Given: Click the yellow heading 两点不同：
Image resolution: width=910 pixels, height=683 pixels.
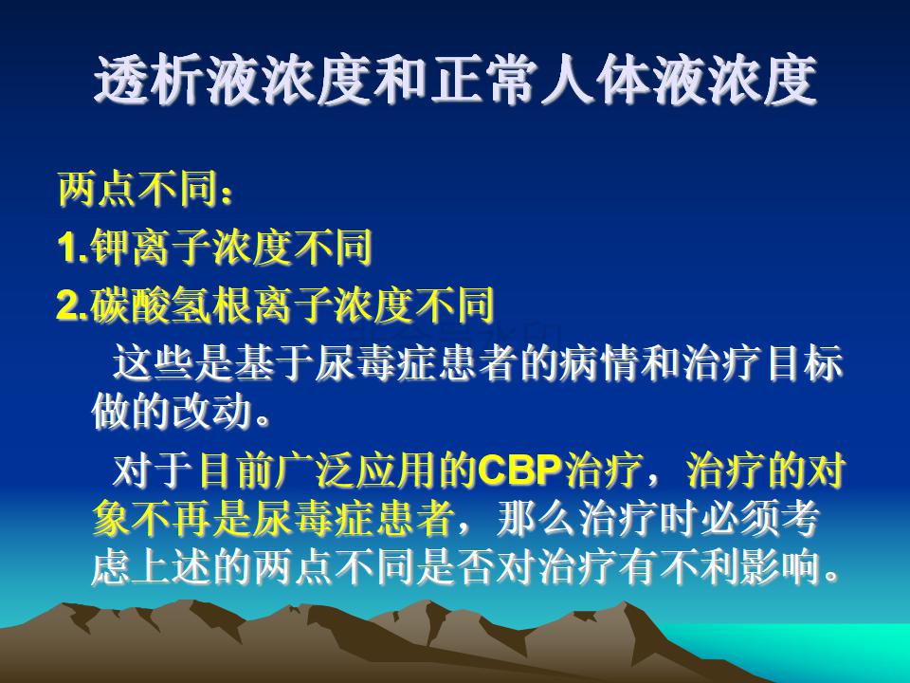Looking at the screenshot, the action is (146, 190).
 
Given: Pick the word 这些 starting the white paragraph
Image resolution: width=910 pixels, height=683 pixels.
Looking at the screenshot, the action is (152, 363).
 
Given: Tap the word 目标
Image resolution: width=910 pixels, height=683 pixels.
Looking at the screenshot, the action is (803, 363).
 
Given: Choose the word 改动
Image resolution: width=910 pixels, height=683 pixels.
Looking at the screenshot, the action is (211, 413).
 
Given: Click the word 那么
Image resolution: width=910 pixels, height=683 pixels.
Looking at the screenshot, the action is (537, 519).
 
